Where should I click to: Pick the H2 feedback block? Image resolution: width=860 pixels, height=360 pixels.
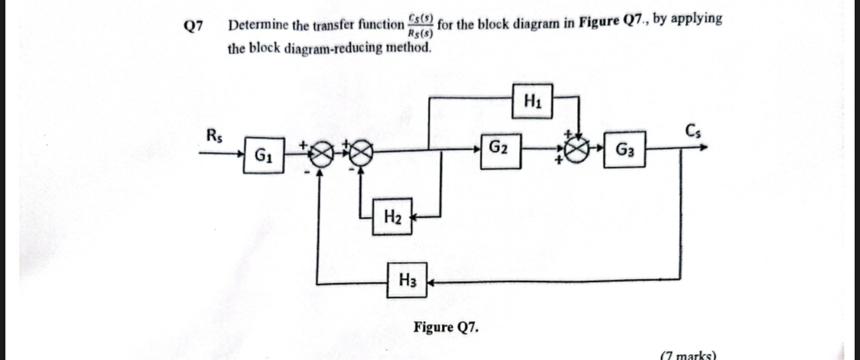pyautogui.click(x=392, y=216)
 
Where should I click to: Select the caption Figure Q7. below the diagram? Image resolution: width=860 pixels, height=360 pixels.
pyautogui.click(x=447, y=327)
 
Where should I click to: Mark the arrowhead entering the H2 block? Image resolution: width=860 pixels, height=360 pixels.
pyautogui.click(x=415, y=216)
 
